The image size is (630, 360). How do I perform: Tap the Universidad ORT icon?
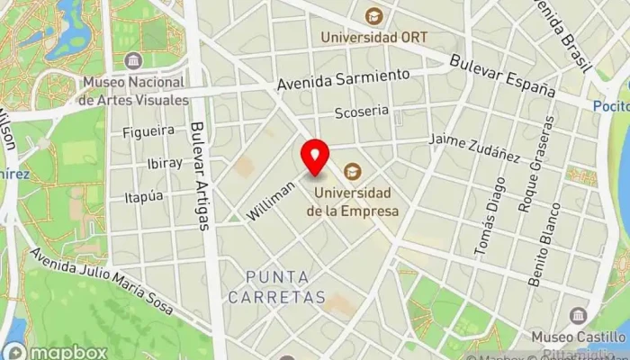coord(373,16)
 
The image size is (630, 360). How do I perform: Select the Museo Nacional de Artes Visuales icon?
coord(134,61)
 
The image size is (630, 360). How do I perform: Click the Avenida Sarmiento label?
coord(343,79)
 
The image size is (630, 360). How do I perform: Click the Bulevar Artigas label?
coord(201,175)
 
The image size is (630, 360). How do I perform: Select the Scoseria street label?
coord(361,112)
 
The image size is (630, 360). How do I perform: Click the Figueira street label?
coord(148,131)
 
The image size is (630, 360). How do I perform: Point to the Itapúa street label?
coord(144,195)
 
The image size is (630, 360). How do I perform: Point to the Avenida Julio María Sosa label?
coord(101,282)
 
